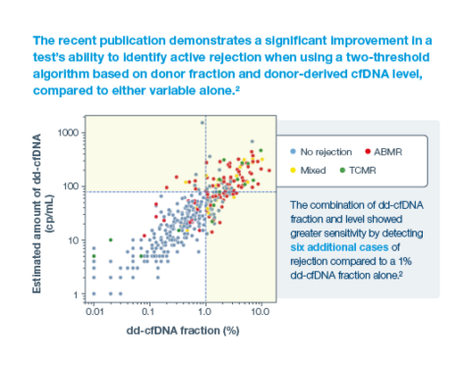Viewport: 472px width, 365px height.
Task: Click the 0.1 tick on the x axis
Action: (148, 309)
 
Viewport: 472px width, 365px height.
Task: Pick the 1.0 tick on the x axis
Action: (205, 309)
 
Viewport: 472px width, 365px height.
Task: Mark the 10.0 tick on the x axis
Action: (260, 309)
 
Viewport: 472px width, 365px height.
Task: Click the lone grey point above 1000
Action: (203, 123)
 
